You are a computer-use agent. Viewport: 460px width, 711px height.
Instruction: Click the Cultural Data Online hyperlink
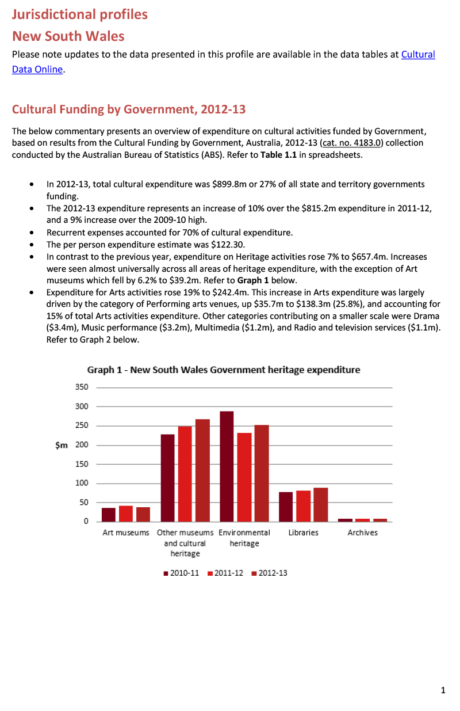[x=417, y=55]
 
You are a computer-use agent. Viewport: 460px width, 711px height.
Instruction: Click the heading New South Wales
[x=68, y=36]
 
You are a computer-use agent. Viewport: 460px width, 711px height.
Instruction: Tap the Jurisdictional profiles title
[x=80, y=14]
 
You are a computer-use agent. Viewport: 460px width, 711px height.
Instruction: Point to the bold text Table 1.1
[x=279, y=155]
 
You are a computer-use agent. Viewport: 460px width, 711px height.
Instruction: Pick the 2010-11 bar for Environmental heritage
[x=227, y=466]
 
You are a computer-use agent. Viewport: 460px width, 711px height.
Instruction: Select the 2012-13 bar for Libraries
[x=320, y=504]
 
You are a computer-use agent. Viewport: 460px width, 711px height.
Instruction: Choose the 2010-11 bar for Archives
[x=345, y=520]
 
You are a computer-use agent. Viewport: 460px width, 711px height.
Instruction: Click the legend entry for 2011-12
[x=225, y=573]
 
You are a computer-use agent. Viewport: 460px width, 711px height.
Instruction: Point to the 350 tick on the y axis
[x=82, y=387]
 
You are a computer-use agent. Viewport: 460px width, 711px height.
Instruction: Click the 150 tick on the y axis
[x=82, y=464]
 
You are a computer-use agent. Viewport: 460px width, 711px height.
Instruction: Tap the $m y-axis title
[x=61, y=445]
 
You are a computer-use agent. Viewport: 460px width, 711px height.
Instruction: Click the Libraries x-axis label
[x=303, y=533]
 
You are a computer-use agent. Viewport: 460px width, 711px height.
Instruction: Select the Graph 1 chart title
[x=223, y=370]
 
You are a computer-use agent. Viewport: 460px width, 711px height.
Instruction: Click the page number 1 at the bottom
[x=443, y=690]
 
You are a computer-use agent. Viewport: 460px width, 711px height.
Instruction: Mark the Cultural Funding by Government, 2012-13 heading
[x=128, y=109]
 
